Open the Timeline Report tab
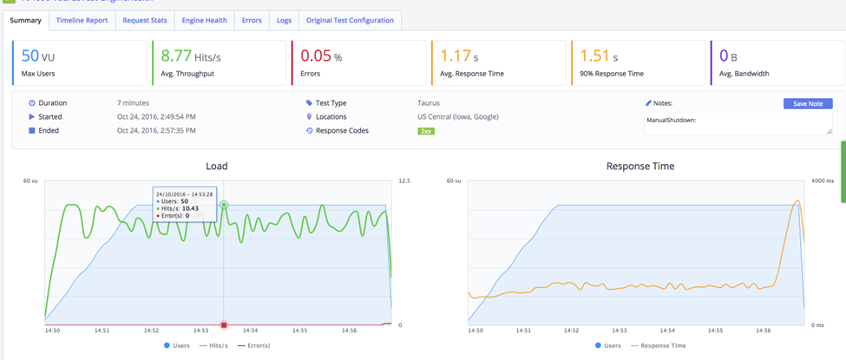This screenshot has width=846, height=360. click(x=82, y=20)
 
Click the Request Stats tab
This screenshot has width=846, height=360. click(x=144, y=20)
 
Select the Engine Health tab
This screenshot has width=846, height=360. click(x=205, y=20)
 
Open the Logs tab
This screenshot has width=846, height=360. click(x=284, y=20)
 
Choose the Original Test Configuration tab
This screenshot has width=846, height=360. click(x=350, y=20)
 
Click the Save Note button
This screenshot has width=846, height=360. click(x=807, y=103)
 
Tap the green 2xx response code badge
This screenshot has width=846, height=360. click(x=426, y=131)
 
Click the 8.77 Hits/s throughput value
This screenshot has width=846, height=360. click(x=193, y=56)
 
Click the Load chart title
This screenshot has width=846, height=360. click(x=217, y=166)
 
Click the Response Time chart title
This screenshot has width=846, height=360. click(x=640, y=166)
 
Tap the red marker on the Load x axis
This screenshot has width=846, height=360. click(x=224, y=324)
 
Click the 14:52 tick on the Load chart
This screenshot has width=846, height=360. click(x=152, y=331)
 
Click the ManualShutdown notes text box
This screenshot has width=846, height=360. click(x=738, y=123)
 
